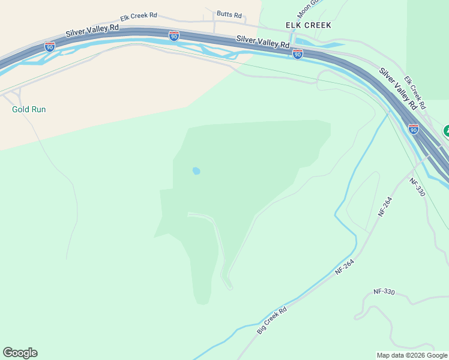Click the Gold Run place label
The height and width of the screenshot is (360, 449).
coord(29,110)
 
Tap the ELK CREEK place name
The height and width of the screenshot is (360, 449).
coord(309,25)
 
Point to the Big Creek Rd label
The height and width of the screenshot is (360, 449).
coord(272,320)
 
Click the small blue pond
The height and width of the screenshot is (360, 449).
coord(196,171)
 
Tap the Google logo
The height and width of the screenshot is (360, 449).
coord(20,353)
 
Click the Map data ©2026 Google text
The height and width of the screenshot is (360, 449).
coord(412,355)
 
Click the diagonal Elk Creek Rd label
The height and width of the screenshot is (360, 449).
coord(414,92)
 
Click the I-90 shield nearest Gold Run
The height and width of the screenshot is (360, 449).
coord(49,46)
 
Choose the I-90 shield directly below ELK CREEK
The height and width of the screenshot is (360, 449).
coord(298,54)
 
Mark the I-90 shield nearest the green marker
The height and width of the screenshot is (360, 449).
coord(413,129)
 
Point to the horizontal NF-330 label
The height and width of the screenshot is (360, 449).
coord(384,292)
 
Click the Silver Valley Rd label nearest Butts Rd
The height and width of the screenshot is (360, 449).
coord(262,42)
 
